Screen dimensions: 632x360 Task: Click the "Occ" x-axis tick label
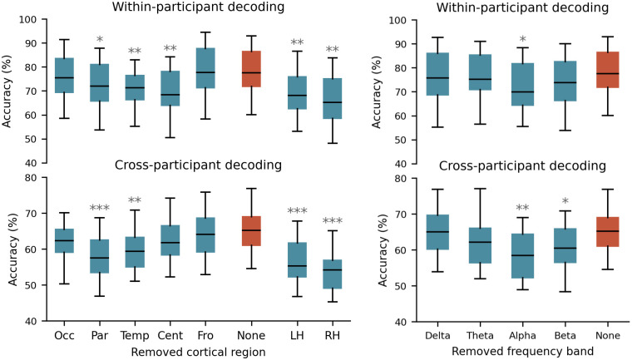[64, 335]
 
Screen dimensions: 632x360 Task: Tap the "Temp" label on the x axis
[135, 335]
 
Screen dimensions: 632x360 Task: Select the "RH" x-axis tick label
[332, 335]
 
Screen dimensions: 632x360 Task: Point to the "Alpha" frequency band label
[522, 336]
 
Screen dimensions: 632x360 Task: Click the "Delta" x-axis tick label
[437, 336]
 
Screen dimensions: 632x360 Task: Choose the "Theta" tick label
[480, 336]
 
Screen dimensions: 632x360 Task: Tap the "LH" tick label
[297, 335]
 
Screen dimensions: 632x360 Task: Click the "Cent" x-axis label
[170, 335]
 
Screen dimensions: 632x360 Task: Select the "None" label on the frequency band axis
[607, 336]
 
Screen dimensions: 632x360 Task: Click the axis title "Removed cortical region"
[198, 352]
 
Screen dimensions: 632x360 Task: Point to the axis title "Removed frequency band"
[523, 352]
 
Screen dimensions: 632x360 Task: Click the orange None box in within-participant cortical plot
[251, 69]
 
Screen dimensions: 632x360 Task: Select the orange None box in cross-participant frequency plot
[607, 232]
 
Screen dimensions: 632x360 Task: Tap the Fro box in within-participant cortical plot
[205, 67]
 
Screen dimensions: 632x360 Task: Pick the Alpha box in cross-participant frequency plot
[523, 256]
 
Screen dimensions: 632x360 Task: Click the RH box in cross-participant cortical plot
[332, 274]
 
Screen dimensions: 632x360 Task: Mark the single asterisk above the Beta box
[565, 201]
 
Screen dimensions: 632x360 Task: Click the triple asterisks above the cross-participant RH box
[333, 220]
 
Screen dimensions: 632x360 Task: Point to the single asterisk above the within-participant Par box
[100, 40]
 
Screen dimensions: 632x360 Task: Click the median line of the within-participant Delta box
[437, 78]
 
